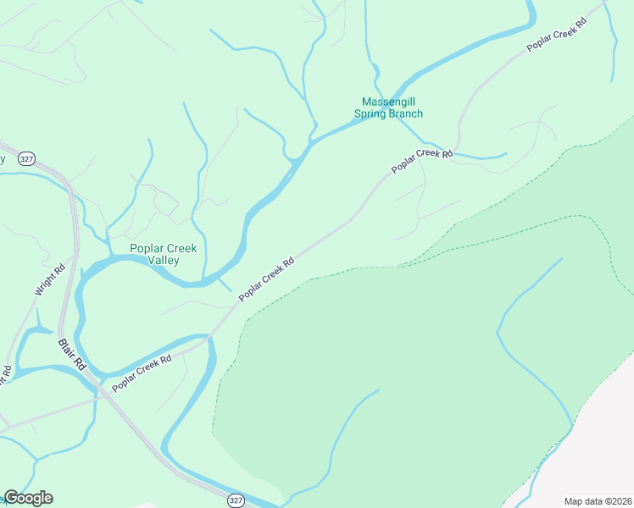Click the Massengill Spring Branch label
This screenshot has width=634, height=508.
[387, 108]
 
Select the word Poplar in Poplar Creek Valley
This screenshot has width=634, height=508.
[143, 249]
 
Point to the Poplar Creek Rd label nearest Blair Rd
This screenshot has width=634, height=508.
[142, 372]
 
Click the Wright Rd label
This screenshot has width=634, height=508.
[49, 279]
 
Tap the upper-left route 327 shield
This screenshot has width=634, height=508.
[27, 158]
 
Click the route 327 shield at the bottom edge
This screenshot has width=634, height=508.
[236, 500]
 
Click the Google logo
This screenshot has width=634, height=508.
[28, 498]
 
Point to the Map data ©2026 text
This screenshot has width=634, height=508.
[598, 501]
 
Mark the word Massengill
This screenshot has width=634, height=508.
[387, 102]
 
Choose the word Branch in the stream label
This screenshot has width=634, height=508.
[405, 114]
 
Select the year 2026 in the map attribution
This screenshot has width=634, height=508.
[619, 501]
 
